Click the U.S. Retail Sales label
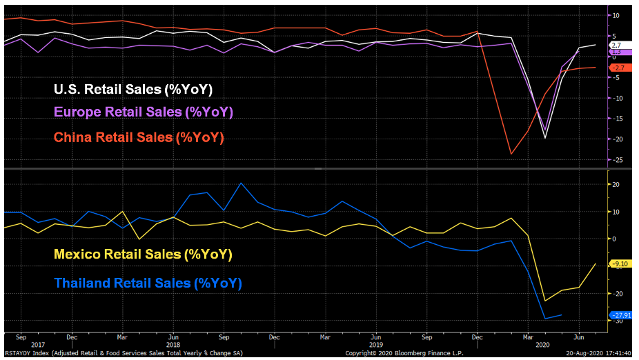coord(133,90)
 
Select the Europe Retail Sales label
coord(144,112)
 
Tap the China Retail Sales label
coord(139,137)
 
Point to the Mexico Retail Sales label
coord(143,254)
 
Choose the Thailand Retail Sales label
coord(148,283)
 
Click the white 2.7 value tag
coord(616,45)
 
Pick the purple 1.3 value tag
coord(616,52)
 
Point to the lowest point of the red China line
coord(511,154)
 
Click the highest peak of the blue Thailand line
coord(241,183)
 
